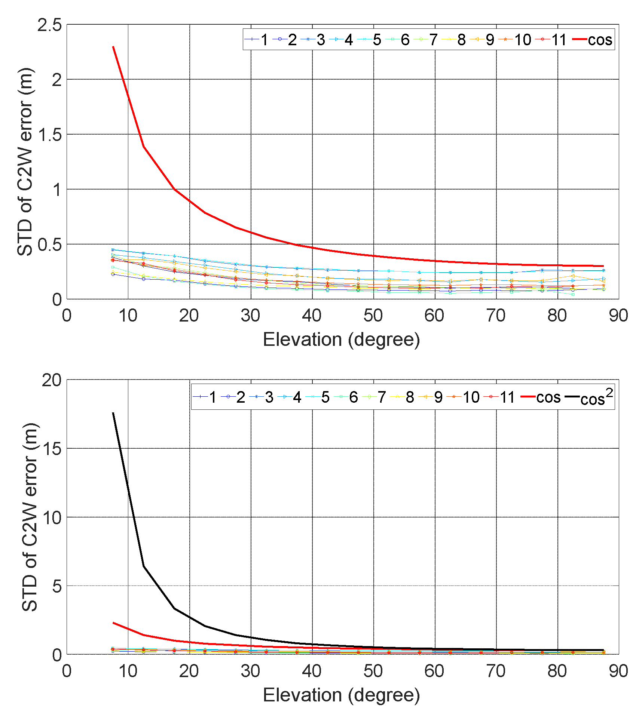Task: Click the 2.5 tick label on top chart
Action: (x=49, y=25)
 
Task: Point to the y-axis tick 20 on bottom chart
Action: (x=52, y=380)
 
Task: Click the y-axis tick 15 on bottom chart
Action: (x=52, y=449)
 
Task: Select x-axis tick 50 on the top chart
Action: (x=373, y=316)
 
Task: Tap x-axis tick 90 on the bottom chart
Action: (x=618, y=671)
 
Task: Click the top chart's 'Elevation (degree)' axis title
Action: (x=341, y=339)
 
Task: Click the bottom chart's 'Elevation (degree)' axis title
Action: (x=341, y=695)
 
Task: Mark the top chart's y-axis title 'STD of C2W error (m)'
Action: (x=25, y=162)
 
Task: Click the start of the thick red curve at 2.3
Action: (x=113, y=47)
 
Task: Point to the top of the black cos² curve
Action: (x=113, y=413)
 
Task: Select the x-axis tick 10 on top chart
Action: (x=128, y=316)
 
